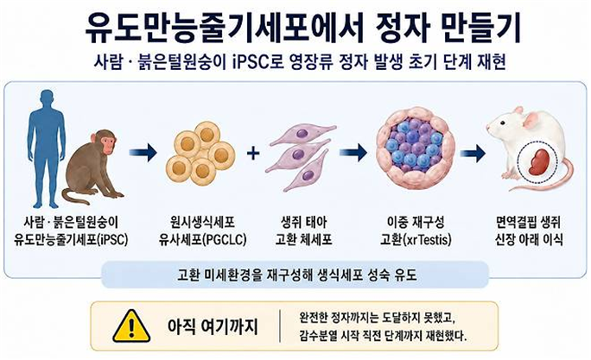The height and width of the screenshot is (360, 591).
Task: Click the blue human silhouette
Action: tap(47, 147)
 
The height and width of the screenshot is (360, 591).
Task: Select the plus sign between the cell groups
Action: tap(253, 154)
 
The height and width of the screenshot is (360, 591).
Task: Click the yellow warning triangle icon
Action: tap(131, 326)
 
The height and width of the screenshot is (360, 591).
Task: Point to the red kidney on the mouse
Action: tap(539, 162)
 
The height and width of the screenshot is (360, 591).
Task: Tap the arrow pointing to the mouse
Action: tap(473, 154)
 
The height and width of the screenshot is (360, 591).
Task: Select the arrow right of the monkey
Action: tap(143, 153)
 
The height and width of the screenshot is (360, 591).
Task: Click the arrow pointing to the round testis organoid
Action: tap(353, 153)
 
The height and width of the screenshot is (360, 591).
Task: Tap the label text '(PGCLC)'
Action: tap(225, 239)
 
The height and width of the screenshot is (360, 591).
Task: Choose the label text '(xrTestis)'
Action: tap(427, 239)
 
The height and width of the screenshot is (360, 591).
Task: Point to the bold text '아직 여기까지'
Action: tap(213, 326)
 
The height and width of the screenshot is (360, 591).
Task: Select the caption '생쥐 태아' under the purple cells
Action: tap(303, 222)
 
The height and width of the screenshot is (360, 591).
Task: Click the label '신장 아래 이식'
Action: tap(529, 239)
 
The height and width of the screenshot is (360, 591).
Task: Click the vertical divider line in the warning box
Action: tap(280, 326)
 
